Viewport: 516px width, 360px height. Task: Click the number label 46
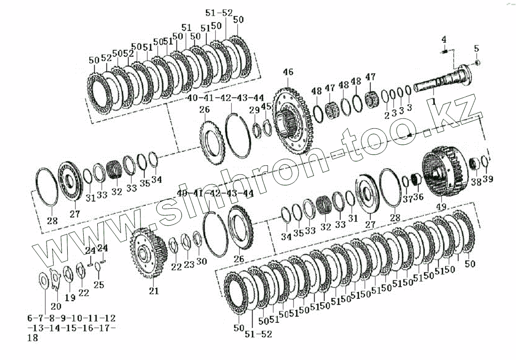pos(288,72)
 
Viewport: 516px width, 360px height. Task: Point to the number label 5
pos(477,48)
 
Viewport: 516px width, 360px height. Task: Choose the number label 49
pos(441,207)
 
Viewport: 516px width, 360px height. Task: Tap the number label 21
pos(154,291)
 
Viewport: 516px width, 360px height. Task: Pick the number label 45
pos(266,107)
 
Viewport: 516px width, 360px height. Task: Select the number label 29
pos(254,110)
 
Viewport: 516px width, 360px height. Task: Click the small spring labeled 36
pos(415,179)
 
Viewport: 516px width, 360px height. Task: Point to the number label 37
pos(407,199)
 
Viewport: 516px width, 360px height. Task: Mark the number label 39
pos(488,179)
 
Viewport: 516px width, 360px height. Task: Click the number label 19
pos(70,297)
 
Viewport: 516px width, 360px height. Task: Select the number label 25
pos(98,285)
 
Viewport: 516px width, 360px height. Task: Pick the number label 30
pos(201,261)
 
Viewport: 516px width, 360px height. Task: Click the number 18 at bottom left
pos(32,337)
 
